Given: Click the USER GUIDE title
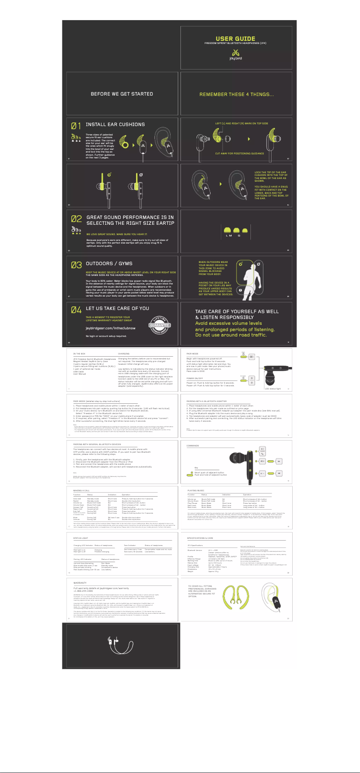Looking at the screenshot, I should [235, 39].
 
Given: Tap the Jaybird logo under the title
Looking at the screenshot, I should [236, 55].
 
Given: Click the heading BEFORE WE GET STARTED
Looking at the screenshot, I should [122, 94].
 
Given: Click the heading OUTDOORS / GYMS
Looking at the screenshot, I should [109, 263].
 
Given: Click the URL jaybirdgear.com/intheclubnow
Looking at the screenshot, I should [110, 328].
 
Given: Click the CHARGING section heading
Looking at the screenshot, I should [124, 354].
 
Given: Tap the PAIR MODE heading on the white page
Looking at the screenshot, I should [193, 354].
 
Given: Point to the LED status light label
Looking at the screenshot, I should [272, 389].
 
